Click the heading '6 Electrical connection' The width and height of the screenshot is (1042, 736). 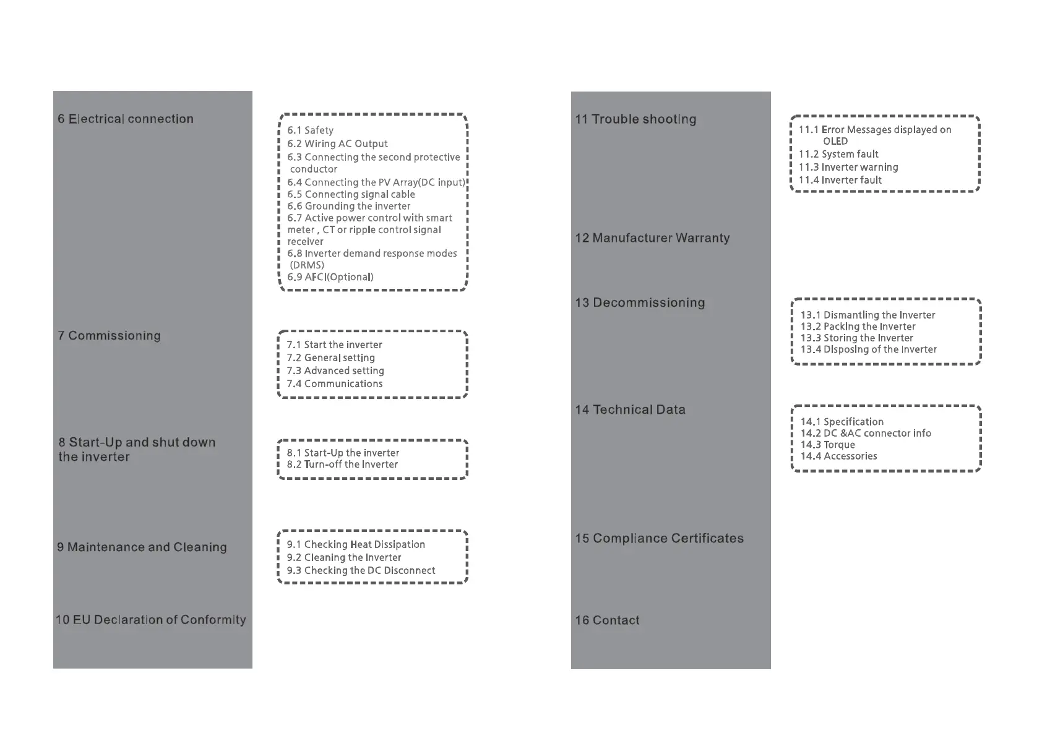126,119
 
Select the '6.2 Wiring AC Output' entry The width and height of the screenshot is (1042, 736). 337,143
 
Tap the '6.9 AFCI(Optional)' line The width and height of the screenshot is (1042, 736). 330,277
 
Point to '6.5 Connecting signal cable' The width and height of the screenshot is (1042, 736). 351,194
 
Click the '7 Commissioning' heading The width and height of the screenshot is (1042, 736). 110,336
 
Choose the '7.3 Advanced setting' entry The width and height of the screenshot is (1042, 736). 335,370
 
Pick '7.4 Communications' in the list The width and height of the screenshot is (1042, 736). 335,383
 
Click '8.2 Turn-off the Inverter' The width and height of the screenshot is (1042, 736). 342,464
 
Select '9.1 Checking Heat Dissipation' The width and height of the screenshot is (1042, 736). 356,544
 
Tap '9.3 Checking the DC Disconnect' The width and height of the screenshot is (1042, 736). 361,570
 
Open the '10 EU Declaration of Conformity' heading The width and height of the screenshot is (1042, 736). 151,620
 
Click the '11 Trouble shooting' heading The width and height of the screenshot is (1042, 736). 636,119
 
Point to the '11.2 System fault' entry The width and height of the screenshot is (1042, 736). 838,154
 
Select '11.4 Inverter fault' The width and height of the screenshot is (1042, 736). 840,180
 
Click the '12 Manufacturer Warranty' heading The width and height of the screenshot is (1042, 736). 653,238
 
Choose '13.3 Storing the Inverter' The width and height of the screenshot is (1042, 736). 857,338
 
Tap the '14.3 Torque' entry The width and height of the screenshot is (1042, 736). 827,445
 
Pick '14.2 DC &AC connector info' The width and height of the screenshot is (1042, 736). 866,434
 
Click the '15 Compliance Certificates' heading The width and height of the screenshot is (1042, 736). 660,539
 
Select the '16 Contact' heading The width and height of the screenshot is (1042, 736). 607,620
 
